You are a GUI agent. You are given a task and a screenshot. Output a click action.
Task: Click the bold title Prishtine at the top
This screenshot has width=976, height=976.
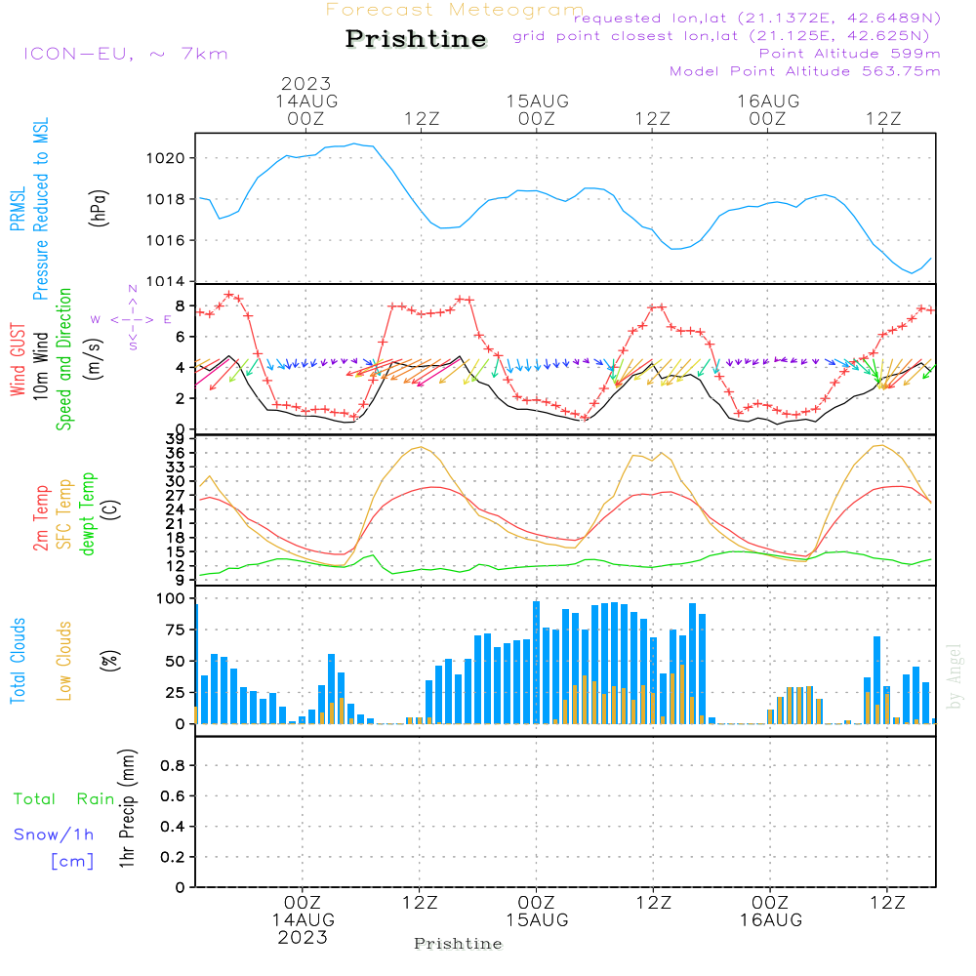(x=416, y=39)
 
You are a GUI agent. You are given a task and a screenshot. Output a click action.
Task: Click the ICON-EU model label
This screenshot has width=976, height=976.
(x=78, y=54)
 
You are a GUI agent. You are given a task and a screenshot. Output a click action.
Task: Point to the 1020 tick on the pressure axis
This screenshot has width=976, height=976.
(x=166, y=158)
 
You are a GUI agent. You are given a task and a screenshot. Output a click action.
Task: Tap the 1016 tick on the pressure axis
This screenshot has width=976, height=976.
(x=166, y=240)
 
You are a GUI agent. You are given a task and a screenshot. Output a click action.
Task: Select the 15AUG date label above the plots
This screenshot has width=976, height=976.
(x=537, y=101)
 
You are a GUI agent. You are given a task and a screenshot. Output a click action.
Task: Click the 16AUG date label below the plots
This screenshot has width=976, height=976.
(x=771, y=920)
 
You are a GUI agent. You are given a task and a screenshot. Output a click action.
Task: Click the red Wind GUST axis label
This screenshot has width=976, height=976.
(x=18, y=359)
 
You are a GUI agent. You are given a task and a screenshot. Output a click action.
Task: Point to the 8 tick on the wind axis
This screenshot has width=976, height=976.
(x=181, y=306)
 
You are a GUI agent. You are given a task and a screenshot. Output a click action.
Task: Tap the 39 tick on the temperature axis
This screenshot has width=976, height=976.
(x=175, y=439)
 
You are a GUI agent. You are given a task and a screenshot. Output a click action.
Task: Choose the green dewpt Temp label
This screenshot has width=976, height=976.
(x=87, y=513)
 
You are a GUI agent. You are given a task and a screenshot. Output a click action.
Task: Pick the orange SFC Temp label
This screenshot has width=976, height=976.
(x=64, y=514)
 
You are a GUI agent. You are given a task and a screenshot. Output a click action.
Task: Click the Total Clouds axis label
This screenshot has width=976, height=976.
(x=18, y=661)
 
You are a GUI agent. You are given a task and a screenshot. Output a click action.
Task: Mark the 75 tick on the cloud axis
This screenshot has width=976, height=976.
(x=176, y=630)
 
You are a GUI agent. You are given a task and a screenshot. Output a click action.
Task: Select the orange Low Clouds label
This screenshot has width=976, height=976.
(x=64, y=661)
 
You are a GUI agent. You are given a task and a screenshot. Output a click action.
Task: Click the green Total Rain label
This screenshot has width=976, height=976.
(x=64, y=798)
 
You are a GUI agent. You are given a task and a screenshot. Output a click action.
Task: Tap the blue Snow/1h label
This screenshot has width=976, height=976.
(x=54, y=834)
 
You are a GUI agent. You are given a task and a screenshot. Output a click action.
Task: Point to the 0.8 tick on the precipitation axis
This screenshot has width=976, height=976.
(x=173, y=765)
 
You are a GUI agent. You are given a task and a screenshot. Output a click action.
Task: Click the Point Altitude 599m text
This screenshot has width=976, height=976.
(x=850, y=54)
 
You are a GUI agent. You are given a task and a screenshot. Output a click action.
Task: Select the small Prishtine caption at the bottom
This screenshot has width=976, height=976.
(x=458, y=944)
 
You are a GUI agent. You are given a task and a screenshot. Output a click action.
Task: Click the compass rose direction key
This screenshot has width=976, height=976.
(x=132, y=319)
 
